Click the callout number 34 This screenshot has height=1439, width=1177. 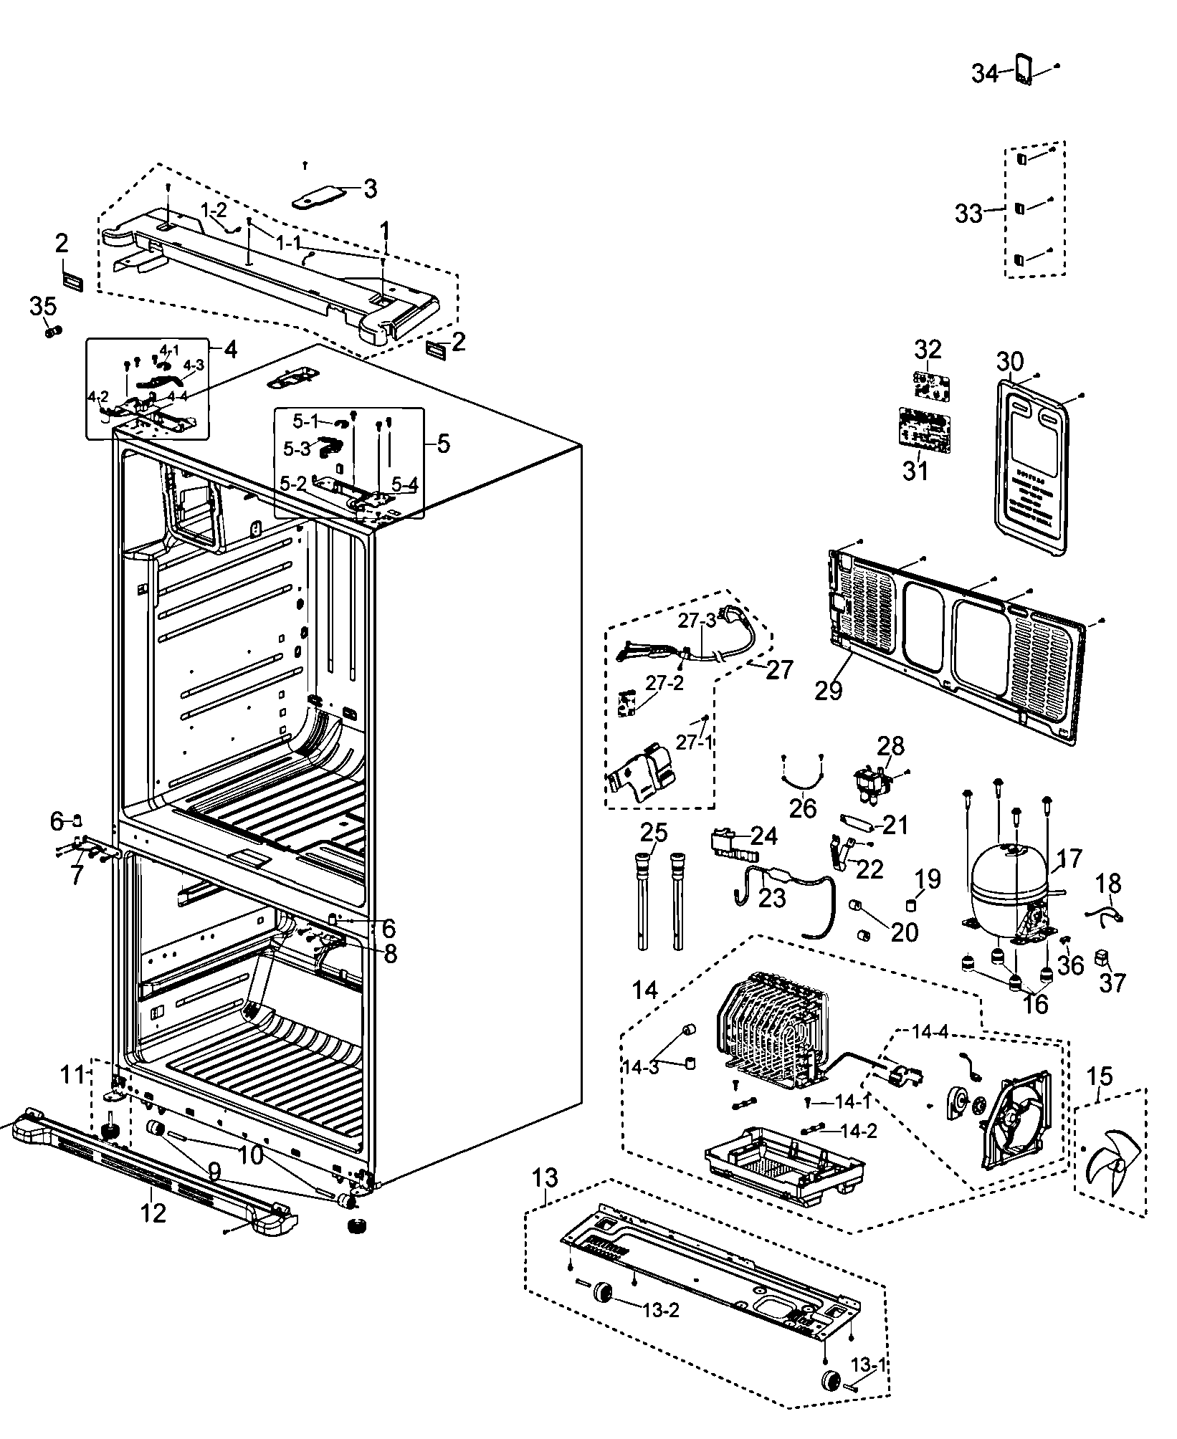click(x=985, y=73)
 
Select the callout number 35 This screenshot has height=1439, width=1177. click(x=42, y=306)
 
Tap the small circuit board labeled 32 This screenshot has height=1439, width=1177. click(x=929, y=385)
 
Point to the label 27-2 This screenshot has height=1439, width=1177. click(x=664, y=682)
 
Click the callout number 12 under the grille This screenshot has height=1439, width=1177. click(x=153, y=1213)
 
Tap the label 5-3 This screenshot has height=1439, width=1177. click(x=297, y=449)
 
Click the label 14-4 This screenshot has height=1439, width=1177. click(x=930, y=1033)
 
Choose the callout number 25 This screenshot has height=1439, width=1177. click(x=653, y=833)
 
